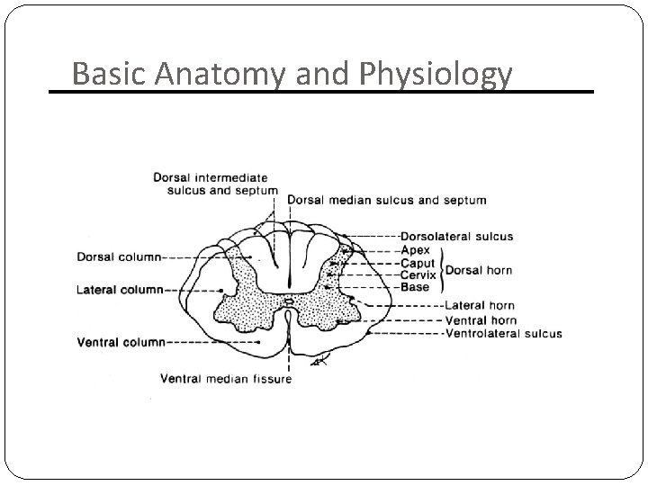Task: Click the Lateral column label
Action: (120, 290)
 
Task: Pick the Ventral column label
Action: (121, 342)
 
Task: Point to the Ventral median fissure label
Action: (226, 379)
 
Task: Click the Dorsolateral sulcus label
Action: (457, 237)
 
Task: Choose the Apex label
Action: (416, 250)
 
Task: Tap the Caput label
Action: (418, 263)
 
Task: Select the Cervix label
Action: (419, 274)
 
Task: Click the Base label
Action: (415, 287)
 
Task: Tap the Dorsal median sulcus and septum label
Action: (388, 200)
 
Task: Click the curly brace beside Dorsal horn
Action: (440, 268)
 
